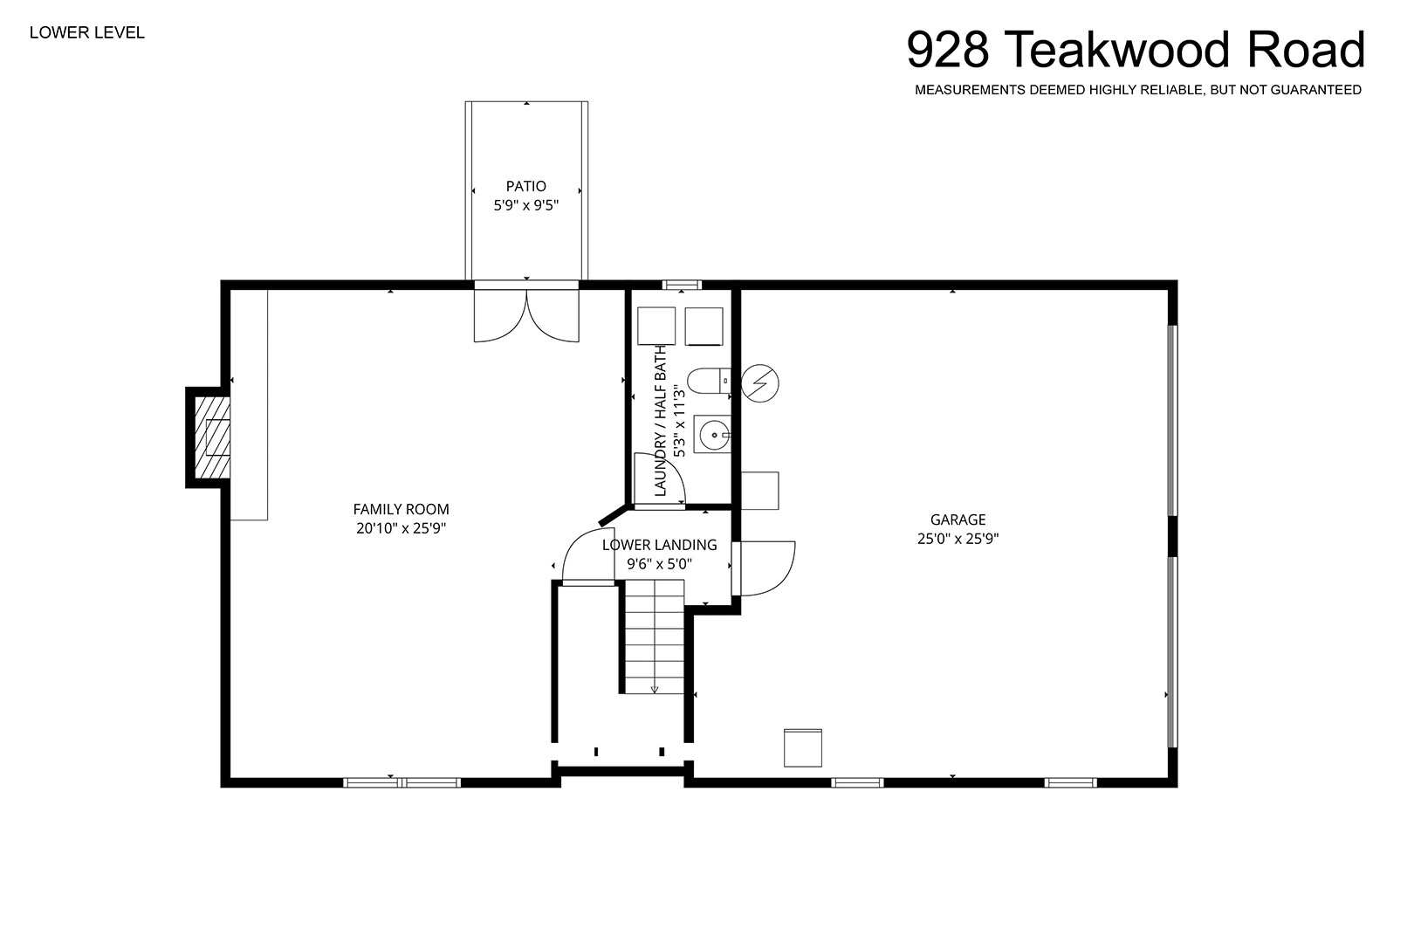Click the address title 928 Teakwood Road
[1136, 50]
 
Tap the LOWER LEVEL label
[87, 33]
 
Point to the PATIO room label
[525, 186]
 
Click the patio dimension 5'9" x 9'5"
[525, 205]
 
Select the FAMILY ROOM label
[401, 509]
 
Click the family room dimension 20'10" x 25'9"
[401, 528]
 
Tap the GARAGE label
[958, 520]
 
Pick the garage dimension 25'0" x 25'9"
[958, 539]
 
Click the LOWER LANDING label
[660, 545]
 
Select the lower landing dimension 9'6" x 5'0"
[660, 563]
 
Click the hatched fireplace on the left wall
[211, 437]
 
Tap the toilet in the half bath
[709, 381]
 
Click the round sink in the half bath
[714, 435]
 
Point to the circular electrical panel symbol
[760, 383]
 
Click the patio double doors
[526, 314]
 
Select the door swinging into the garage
[764, 568]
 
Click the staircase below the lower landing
[655, 637]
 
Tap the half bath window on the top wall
[682, 285]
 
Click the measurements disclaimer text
[1138, 90]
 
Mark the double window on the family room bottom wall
[402, 782]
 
